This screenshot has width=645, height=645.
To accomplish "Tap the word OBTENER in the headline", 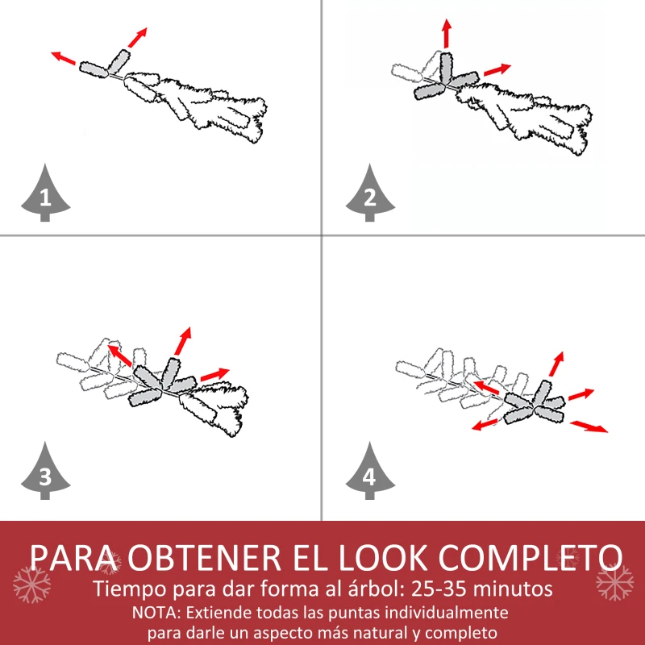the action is coord(205,558).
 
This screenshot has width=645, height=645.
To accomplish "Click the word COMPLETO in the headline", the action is coord(531,558).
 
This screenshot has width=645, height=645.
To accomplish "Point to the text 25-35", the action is coord(439,589).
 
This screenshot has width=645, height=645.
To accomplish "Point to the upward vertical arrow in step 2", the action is coord(447,34).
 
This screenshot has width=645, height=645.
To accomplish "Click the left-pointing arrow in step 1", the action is coord(64,58).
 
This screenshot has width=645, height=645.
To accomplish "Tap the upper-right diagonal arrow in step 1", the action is coord(137,37).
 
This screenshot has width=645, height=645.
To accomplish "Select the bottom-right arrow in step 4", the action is coord(589,427).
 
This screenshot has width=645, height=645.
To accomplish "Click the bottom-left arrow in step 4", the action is coord(485,425).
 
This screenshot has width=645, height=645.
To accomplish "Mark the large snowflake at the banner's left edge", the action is coord(31,585).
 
